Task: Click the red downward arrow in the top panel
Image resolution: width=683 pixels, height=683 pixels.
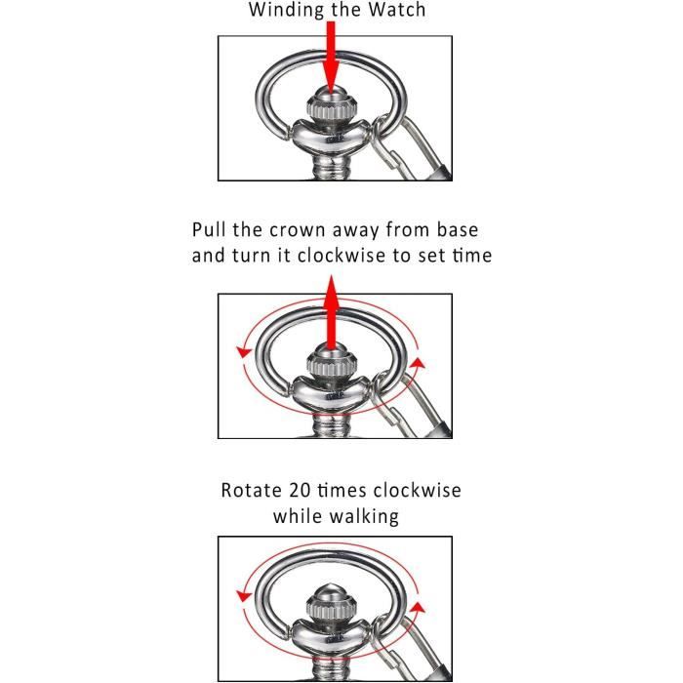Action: [331, 58]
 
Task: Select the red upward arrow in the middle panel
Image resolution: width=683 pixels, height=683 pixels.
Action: [332, 312]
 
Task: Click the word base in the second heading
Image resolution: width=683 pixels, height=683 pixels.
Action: [457, 229]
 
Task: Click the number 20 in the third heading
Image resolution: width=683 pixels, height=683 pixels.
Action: [300, 491]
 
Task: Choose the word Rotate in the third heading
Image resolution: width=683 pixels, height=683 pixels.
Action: [252, 491]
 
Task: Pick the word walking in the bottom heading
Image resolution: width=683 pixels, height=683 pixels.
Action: [364, 517]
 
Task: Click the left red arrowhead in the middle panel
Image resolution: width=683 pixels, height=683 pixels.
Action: [244, 352]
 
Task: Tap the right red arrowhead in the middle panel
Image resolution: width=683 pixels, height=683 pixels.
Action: [419, 363]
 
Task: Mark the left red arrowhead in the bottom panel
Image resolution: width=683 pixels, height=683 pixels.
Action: [244, 595]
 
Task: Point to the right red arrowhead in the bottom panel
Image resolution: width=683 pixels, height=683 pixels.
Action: [419, 607]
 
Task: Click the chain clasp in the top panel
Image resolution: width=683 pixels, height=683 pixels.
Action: [407, 148]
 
